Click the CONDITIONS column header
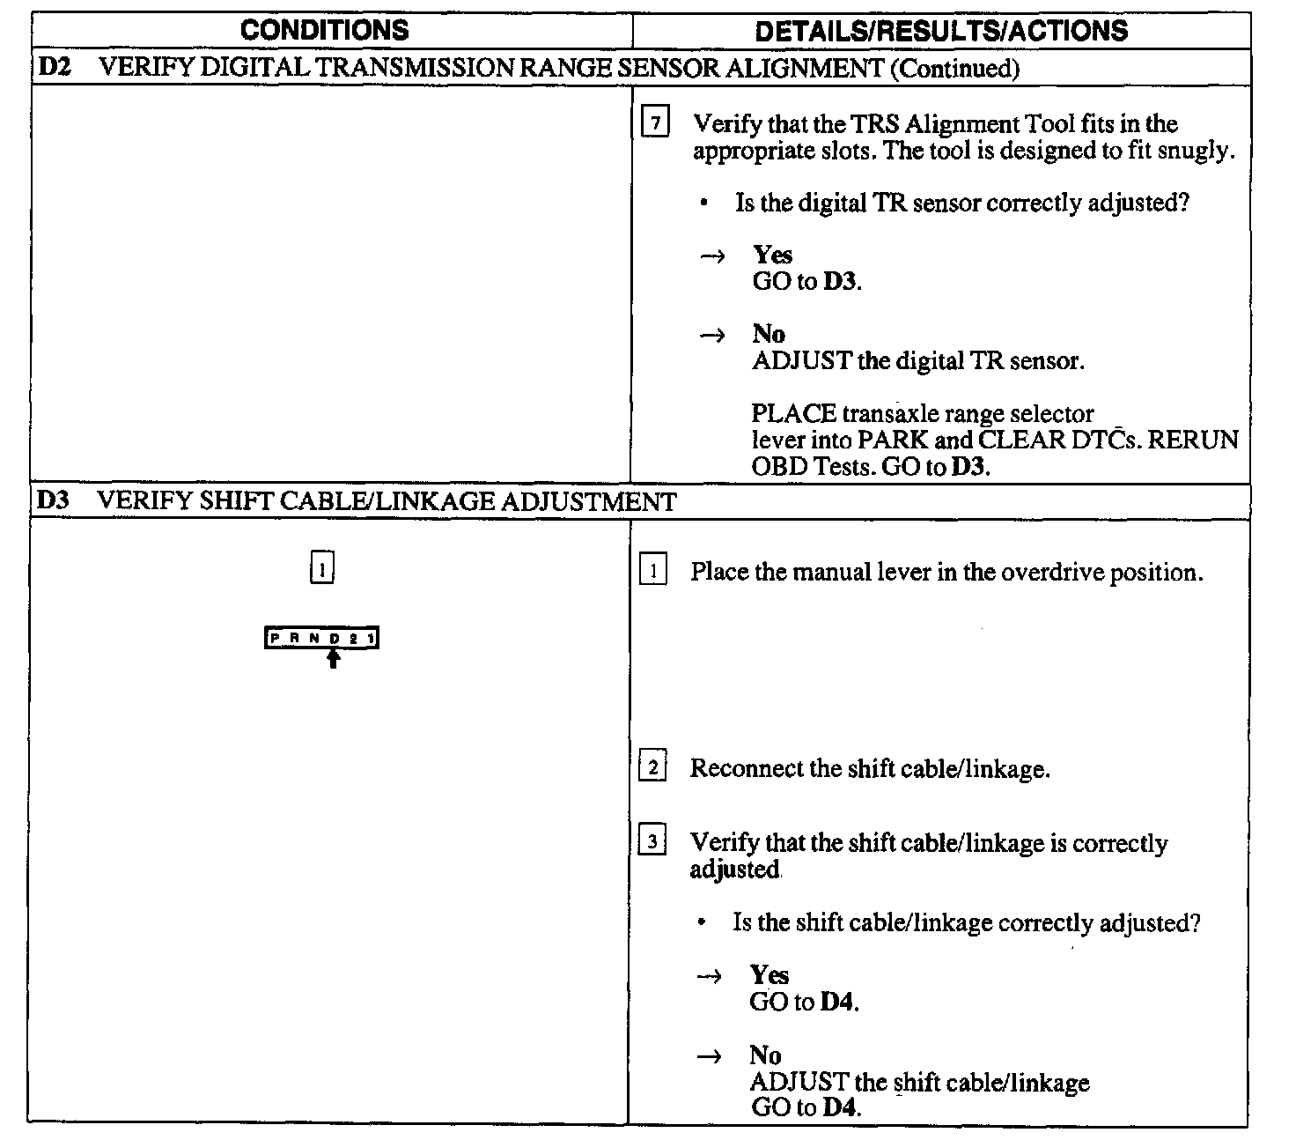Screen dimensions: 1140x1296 [324, 30]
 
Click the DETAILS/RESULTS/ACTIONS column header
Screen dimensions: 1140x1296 [941, 31]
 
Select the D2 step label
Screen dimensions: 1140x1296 [55, 68]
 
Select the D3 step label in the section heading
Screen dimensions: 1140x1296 [53, 501]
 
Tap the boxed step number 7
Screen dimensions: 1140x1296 [654, 124]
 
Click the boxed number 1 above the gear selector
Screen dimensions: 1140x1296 [322, 569]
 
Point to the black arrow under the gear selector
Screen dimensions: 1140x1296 [333, 659]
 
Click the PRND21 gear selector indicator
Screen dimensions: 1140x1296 [321, 638]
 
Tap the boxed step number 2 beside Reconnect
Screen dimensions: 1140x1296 [652, 767]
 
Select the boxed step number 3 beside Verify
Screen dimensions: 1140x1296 [652, 842]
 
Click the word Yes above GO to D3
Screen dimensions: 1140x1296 [772, 255]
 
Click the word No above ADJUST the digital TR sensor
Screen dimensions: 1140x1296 [768, 334]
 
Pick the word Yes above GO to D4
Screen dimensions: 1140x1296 [769, 975]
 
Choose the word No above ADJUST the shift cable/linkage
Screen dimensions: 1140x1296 [765, 1055]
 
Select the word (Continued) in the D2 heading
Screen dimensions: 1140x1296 [954, 69]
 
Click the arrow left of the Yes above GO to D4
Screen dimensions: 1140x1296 [708, 976]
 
